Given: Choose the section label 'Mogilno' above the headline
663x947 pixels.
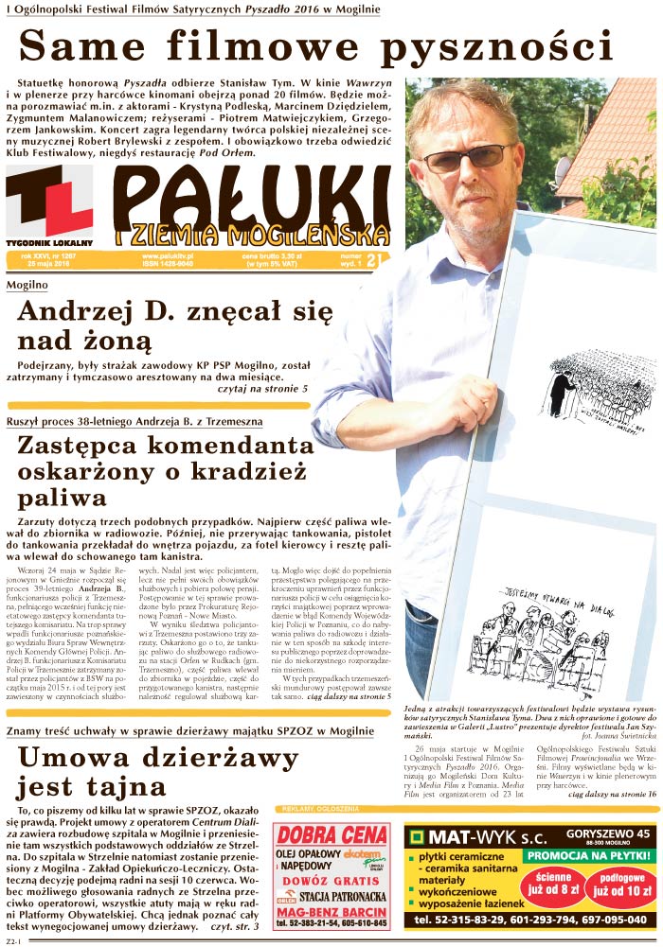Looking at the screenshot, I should pyautogui.click(x=27, y=285).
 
